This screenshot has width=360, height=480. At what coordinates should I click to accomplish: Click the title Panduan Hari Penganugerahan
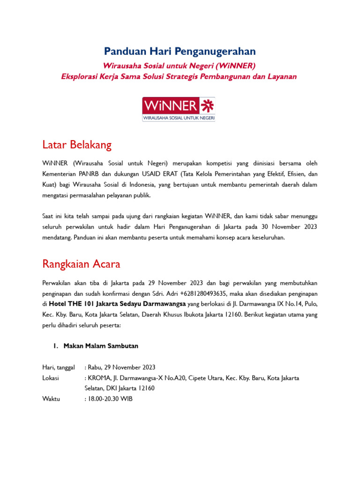click(x=180, y=51)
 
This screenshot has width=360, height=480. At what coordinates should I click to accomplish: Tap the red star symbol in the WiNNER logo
click(x=207, y=105)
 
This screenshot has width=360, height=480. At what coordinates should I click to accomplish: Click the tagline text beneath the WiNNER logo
click(x=179, y=119)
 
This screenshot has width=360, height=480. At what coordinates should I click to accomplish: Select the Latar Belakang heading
click(x=77, y=145)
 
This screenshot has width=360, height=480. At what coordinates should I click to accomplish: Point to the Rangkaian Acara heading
click(x=81, y=264)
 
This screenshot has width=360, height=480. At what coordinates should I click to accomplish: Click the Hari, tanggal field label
click(x=58, y=367)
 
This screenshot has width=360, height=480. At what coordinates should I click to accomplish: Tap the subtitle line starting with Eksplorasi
click(x=179, y=76)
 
